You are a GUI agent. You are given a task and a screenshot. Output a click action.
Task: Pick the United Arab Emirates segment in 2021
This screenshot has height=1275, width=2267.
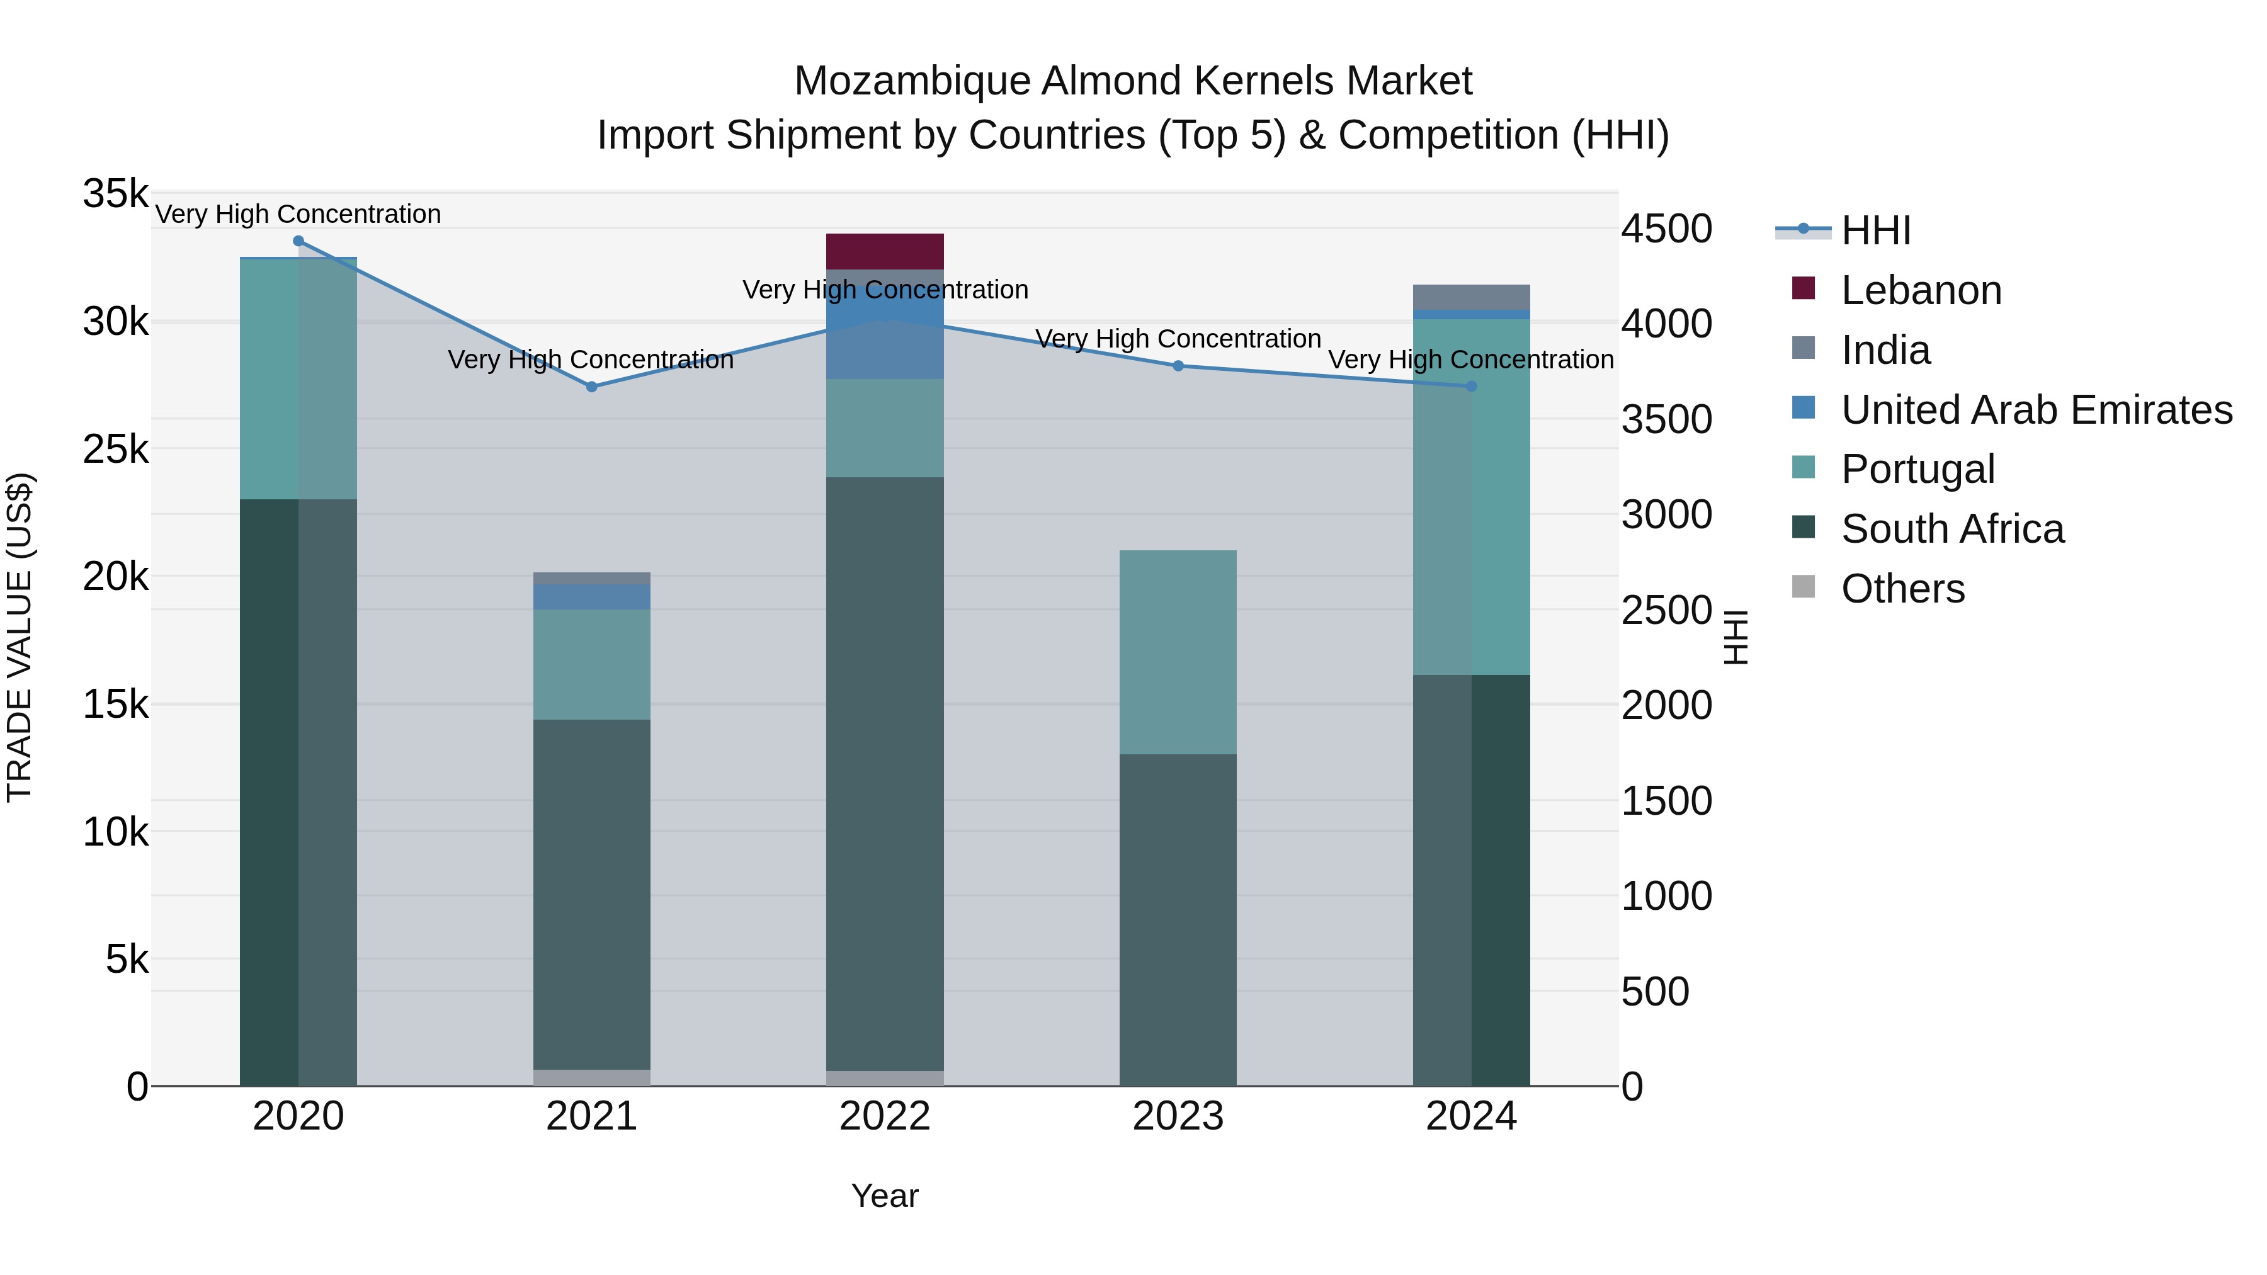[591, 597]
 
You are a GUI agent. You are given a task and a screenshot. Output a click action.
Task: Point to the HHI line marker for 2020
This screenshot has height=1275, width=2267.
[298, 241]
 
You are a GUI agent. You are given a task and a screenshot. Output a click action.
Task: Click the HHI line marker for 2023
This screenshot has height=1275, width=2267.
[1178, 366]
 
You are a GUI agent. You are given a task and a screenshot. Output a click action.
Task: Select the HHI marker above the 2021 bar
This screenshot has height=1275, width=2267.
[591, 387]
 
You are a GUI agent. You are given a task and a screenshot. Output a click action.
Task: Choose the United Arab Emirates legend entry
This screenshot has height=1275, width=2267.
[2035, 410]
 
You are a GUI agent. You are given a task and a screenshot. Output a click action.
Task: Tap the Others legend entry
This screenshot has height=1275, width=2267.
[1902, 589]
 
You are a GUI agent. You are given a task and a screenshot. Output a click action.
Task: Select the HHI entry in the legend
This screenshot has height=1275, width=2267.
[1875, 230]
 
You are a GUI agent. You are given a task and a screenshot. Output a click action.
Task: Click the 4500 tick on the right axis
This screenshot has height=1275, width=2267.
[1666, 229]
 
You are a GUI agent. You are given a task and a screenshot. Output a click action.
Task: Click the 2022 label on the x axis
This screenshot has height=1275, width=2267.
[885, 1116]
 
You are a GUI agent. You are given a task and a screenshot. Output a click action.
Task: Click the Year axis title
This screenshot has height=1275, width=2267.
[885, 1196]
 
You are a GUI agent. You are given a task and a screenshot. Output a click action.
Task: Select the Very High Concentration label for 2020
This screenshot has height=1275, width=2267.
[298, 214]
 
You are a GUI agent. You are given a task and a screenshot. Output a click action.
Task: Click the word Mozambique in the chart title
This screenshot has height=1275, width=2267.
[912, 81]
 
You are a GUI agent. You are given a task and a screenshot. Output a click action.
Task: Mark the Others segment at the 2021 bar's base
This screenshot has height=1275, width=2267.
[591, 1077]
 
